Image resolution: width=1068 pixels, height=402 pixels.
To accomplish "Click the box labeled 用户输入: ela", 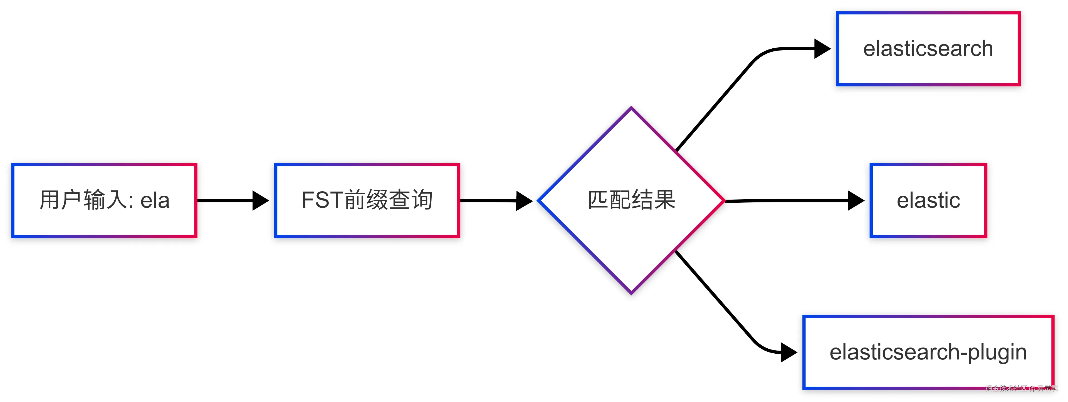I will pyautogui.click(x=104, y=201).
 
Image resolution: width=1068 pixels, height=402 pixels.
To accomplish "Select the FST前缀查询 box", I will pyautogui.click(x=367, y=201).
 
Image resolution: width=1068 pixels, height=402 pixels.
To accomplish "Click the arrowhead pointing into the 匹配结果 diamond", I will pyautogui.click(x=524, y=201).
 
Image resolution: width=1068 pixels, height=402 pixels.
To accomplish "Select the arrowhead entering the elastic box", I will pyautogui.click(x=856, y=201).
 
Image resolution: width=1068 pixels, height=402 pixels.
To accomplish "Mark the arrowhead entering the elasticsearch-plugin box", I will pyautogui.click(x=788, y=352).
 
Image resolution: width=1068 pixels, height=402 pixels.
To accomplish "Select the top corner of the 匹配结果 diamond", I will pyautogui.click(x=631, y=109).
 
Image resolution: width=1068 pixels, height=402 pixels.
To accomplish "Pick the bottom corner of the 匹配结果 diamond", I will pyautogui.click(x=631, y=292).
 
